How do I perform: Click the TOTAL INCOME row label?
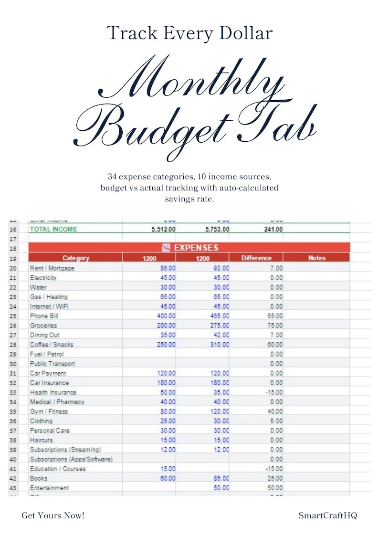pyautogui.click(x=53, y=229)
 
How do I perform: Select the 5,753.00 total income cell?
pyautogui.click(x=217, y=229)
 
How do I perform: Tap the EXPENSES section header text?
pyautogui.click(x=196, y=248)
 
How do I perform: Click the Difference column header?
pyautogui.click(x=256, y=258)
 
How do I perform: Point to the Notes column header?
pyautogui.click(x=316, y=258)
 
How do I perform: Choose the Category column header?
pyautogui.click(x=75, y=258)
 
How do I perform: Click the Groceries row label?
pyautogui.click(x=43, y=326)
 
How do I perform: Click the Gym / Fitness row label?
pyautogui.click(x=49, y=411)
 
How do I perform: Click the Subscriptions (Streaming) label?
pyautogui.click(x=65, y=450)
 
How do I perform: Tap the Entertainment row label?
pyautogui.click(x=49, y=488)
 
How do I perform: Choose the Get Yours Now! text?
pyautogui.click(x=53, y=515)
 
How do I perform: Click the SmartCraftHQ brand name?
pyautogui.click(x=327, y=515)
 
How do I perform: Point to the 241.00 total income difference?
pyautogui.click(x=273, y=229)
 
